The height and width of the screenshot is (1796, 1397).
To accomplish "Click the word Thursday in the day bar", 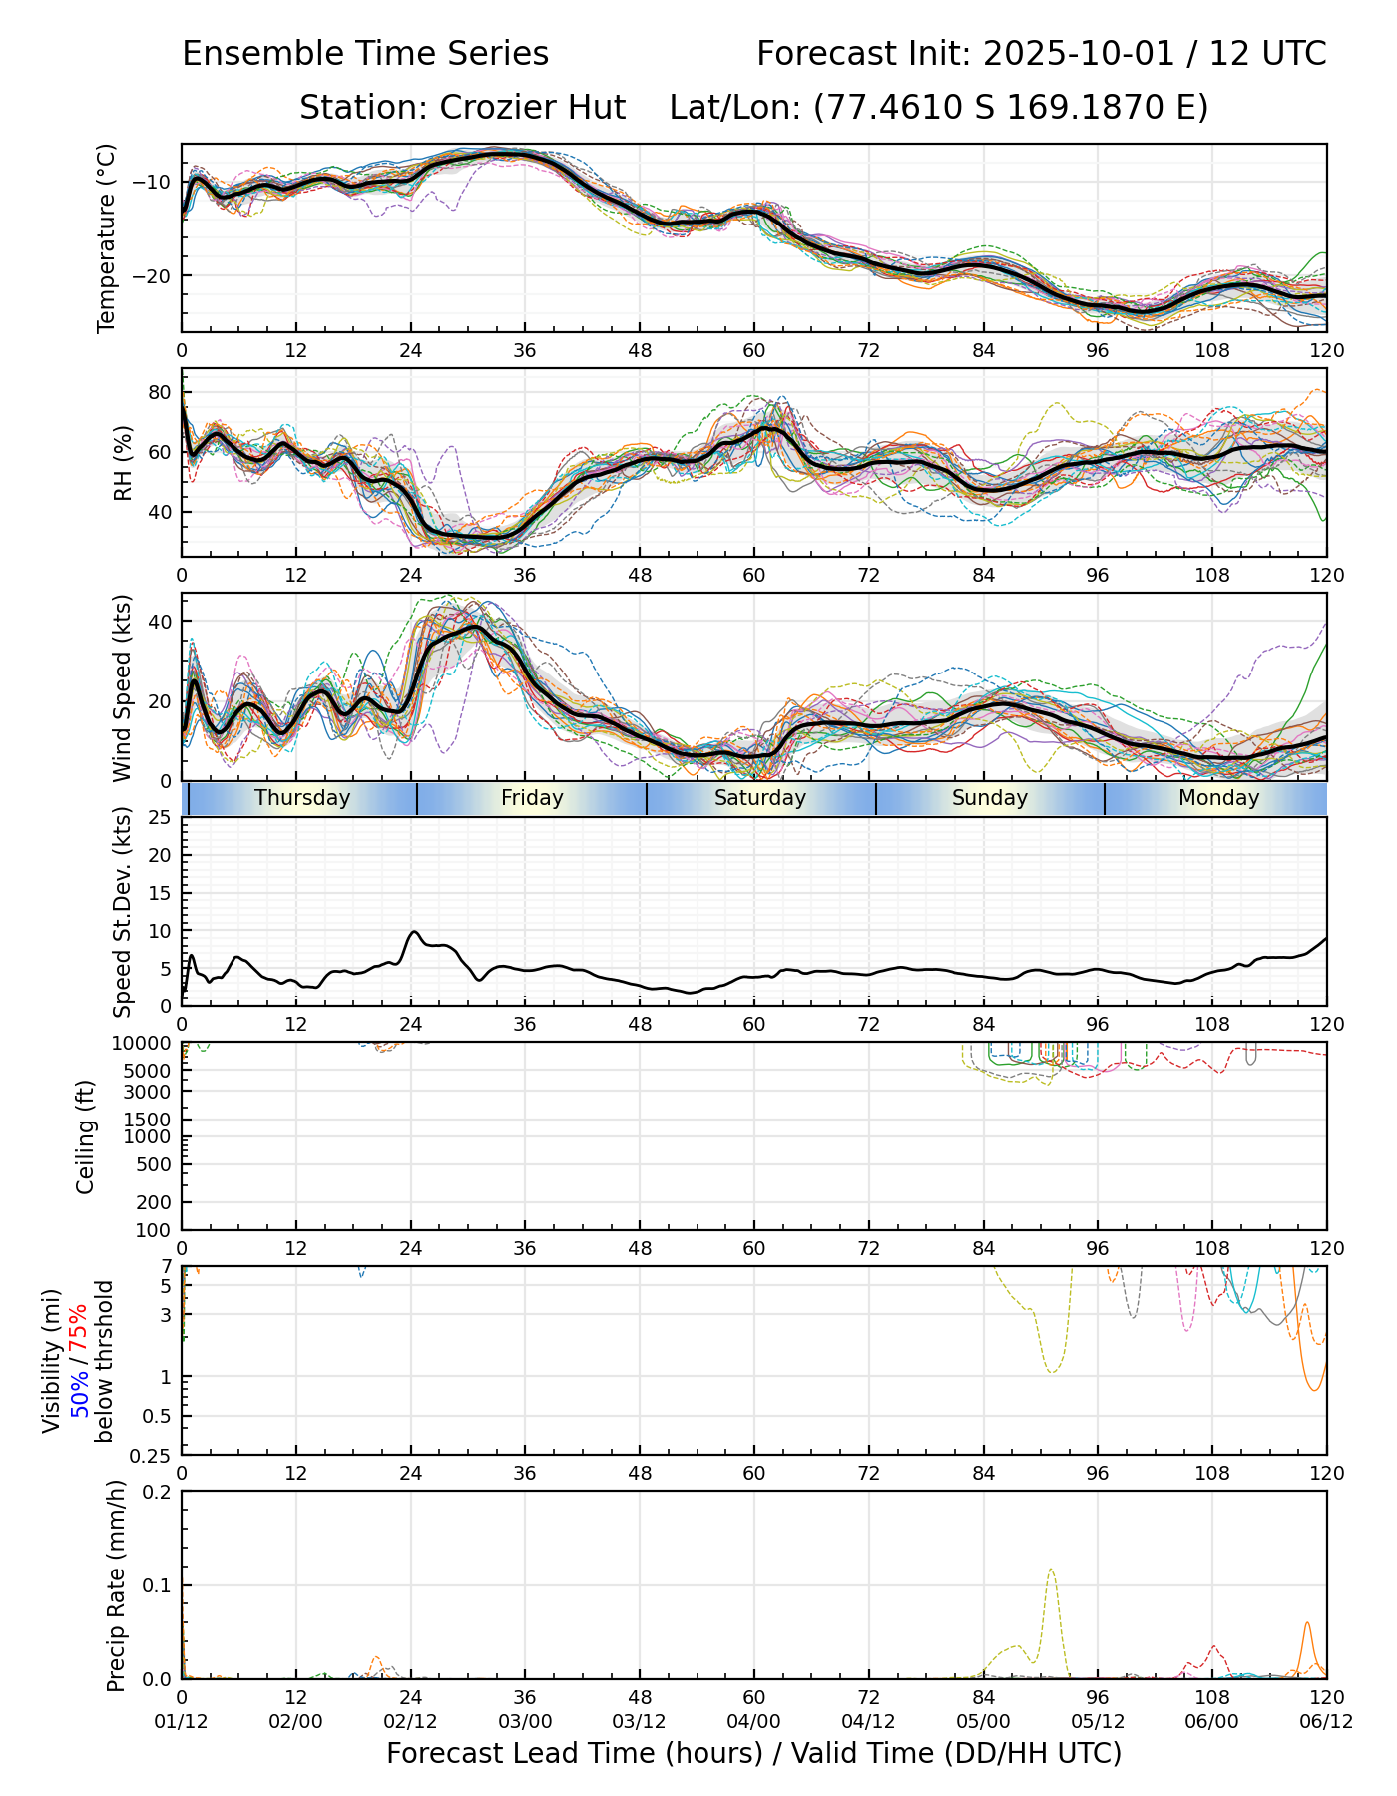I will [302, 798].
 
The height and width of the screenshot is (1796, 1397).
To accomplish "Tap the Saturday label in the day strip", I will [760, 798].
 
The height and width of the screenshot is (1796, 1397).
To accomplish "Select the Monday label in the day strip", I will [1218, 798].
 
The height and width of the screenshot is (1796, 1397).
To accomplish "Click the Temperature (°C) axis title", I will [107, 237].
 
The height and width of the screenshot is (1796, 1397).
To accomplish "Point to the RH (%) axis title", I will [123, 462].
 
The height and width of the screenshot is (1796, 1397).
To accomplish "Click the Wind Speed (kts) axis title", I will [123, 687].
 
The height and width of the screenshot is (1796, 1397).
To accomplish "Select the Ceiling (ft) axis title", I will [86, 1136].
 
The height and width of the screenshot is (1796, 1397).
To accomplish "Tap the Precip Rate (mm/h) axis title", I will [117, 1585].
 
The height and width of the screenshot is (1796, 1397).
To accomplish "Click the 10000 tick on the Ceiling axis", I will [144, 1044].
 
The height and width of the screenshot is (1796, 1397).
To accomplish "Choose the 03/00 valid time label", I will [525, 1722].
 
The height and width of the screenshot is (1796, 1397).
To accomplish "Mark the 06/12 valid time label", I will [1326, 1722].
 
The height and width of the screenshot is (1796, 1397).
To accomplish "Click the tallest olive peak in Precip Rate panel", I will [1051, 1569].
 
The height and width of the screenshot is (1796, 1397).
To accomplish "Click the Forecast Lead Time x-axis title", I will [753, 1753].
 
